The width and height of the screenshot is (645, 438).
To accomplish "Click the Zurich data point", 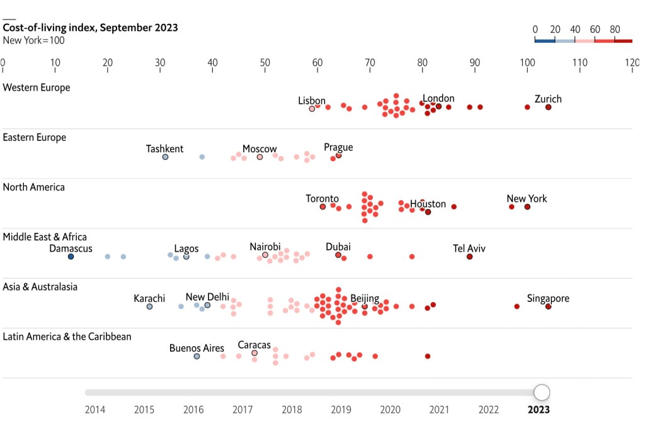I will [x=548, y=107].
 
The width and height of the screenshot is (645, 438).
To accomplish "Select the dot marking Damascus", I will [x=71, y=256].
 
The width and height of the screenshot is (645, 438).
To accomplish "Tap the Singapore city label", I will [x=548, y=298].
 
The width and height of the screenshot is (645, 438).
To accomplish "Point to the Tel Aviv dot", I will [x=469, y=256].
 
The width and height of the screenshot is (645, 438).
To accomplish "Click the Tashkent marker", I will [x=165, y=157].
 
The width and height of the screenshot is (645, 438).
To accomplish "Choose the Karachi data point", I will [x=149, y=306].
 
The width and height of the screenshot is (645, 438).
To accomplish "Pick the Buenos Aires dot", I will [x=197, y=356].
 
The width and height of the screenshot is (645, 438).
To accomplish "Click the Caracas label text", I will [x=254, y=345].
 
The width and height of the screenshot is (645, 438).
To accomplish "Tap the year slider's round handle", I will [x=542, y=393].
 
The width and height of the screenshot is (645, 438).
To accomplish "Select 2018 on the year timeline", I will [x=292, y=410].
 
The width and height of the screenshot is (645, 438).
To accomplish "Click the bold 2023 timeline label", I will [x=539, y=410].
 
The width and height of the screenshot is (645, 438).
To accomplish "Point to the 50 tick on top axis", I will [x=265, y=63].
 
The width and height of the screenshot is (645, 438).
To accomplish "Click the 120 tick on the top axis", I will [x=632, y=63].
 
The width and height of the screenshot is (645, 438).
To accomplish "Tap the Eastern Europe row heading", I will [x=35, y=137].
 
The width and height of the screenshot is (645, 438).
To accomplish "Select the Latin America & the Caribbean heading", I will [x=67, y=337].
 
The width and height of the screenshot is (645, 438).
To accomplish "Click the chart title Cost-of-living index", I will [x=91, y=28].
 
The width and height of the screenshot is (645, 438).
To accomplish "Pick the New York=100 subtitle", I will [x=33, y=41].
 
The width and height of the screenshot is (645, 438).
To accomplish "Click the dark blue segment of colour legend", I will [x=545, y=41].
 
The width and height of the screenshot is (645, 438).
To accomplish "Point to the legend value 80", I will [x=615, y=29].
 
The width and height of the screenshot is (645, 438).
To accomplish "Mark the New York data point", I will [x=527, y=206].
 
